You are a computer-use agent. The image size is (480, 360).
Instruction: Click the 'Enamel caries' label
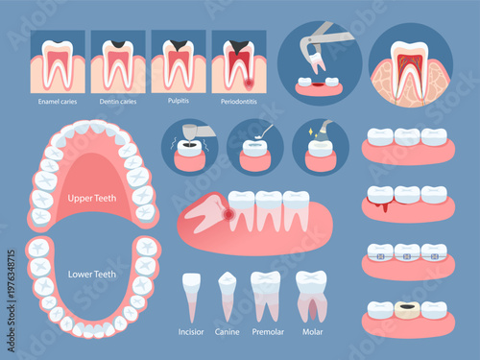(58, 101)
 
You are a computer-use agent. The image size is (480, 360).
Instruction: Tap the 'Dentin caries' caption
(116, 101)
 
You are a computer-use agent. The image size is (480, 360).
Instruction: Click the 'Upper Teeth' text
(93, 199)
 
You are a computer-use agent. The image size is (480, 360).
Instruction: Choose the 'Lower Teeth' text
(93, 273)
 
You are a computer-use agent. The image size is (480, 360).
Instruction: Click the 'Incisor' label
(191, 332)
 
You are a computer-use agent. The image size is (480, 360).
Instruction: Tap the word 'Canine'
(228, 332)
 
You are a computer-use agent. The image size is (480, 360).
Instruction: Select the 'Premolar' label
(266, 332)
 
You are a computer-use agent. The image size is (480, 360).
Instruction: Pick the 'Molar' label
(311, 332)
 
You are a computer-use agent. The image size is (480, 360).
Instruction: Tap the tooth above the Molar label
(311, 293)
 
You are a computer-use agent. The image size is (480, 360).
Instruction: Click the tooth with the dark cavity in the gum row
(408, 311)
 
